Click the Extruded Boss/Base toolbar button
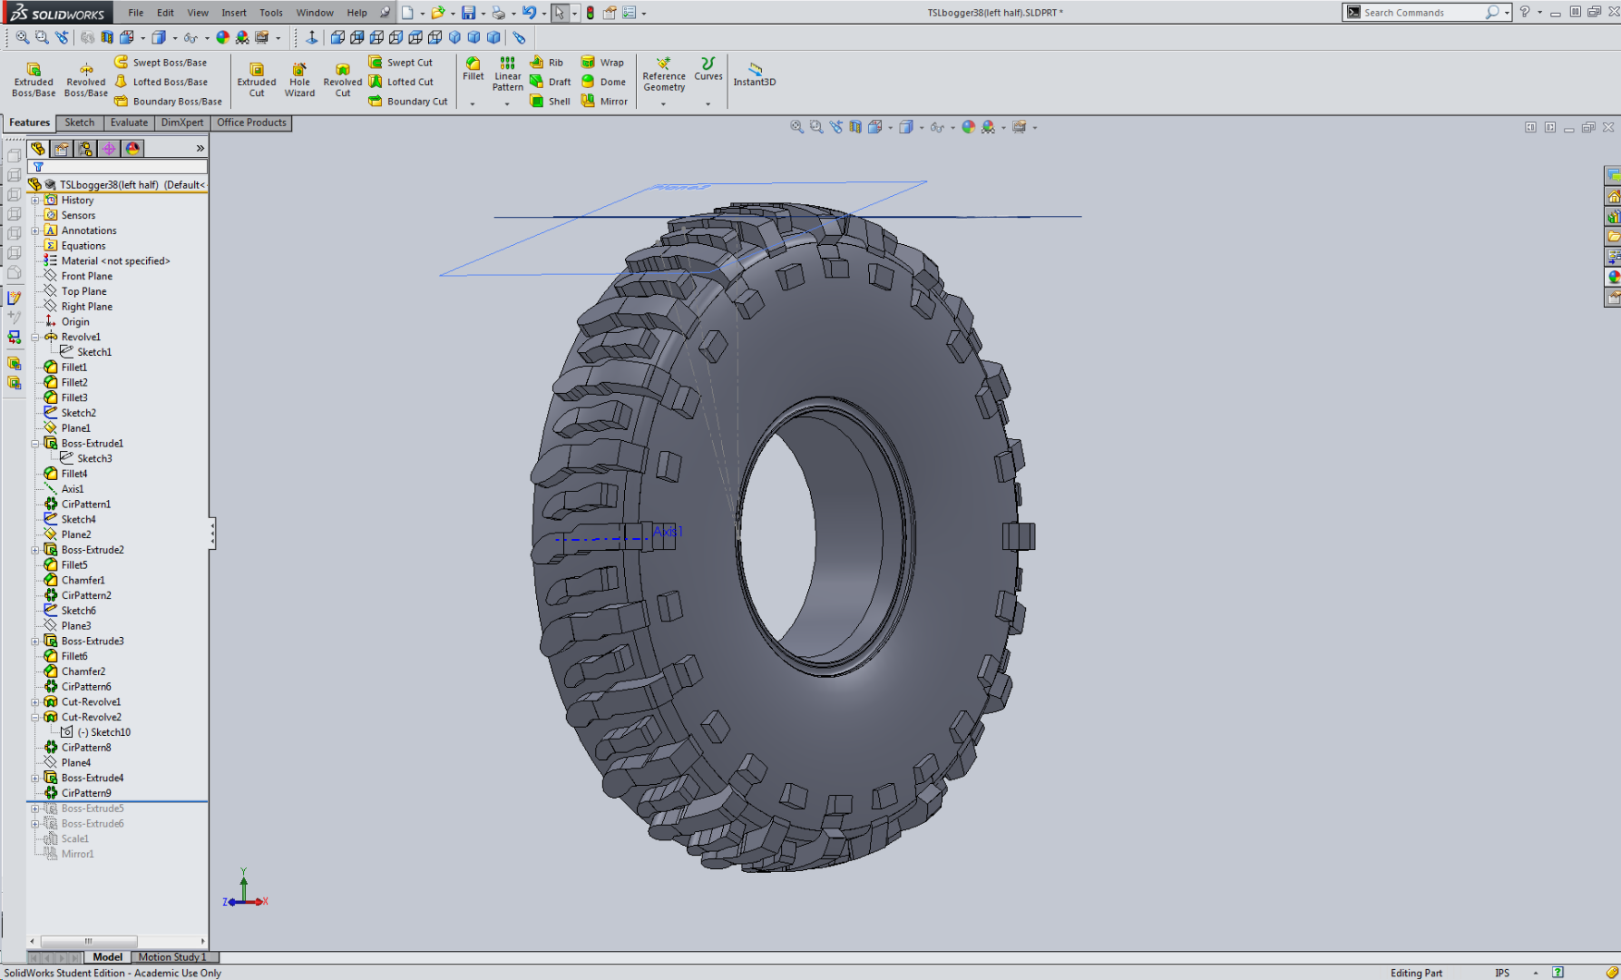pyautogui.click(x=34, y=79)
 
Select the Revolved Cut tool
pyautogui.click(x=342, y=79)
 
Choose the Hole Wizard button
pyautogui.click(x=299, y=79)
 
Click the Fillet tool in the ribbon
pyautogui.click(x=473, y=68)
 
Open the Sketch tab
pyautogui.click(x=79, y=122)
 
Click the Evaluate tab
pyautogui.click(x=129, y=122)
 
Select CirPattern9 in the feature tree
pyautogui.click(x=86, y=793)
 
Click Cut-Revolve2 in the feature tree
pyautogui.click(x=91, y=717)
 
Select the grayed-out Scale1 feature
pyautogui.click(x=74, y=838)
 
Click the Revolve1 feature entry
pyautogui.click(x=81, y=337)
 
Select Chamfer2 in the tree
pyautogui.click(x=83, y=671)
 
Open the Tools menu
pyautogui.click(x=270, y=13)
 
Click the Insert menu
pyautogui.click(x=233, y=13)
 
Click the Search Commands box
pyautogui.click(x=1420, y=13)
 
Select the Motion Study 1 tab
pyautogui.click(x=172, y=957)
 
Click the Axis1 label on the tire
pyautogui.click(x=668, y=532)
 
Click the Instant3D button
pyautogui.click(x=754, y=73)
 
